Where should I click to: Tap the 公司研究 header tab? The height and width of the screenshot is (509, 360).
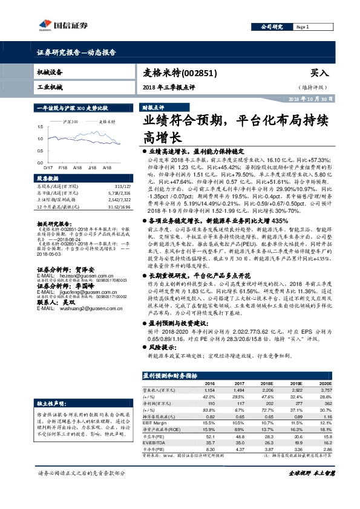point(272,27)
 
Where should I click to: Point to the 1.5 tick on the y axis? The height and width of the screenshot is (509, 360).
point(40,127)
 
